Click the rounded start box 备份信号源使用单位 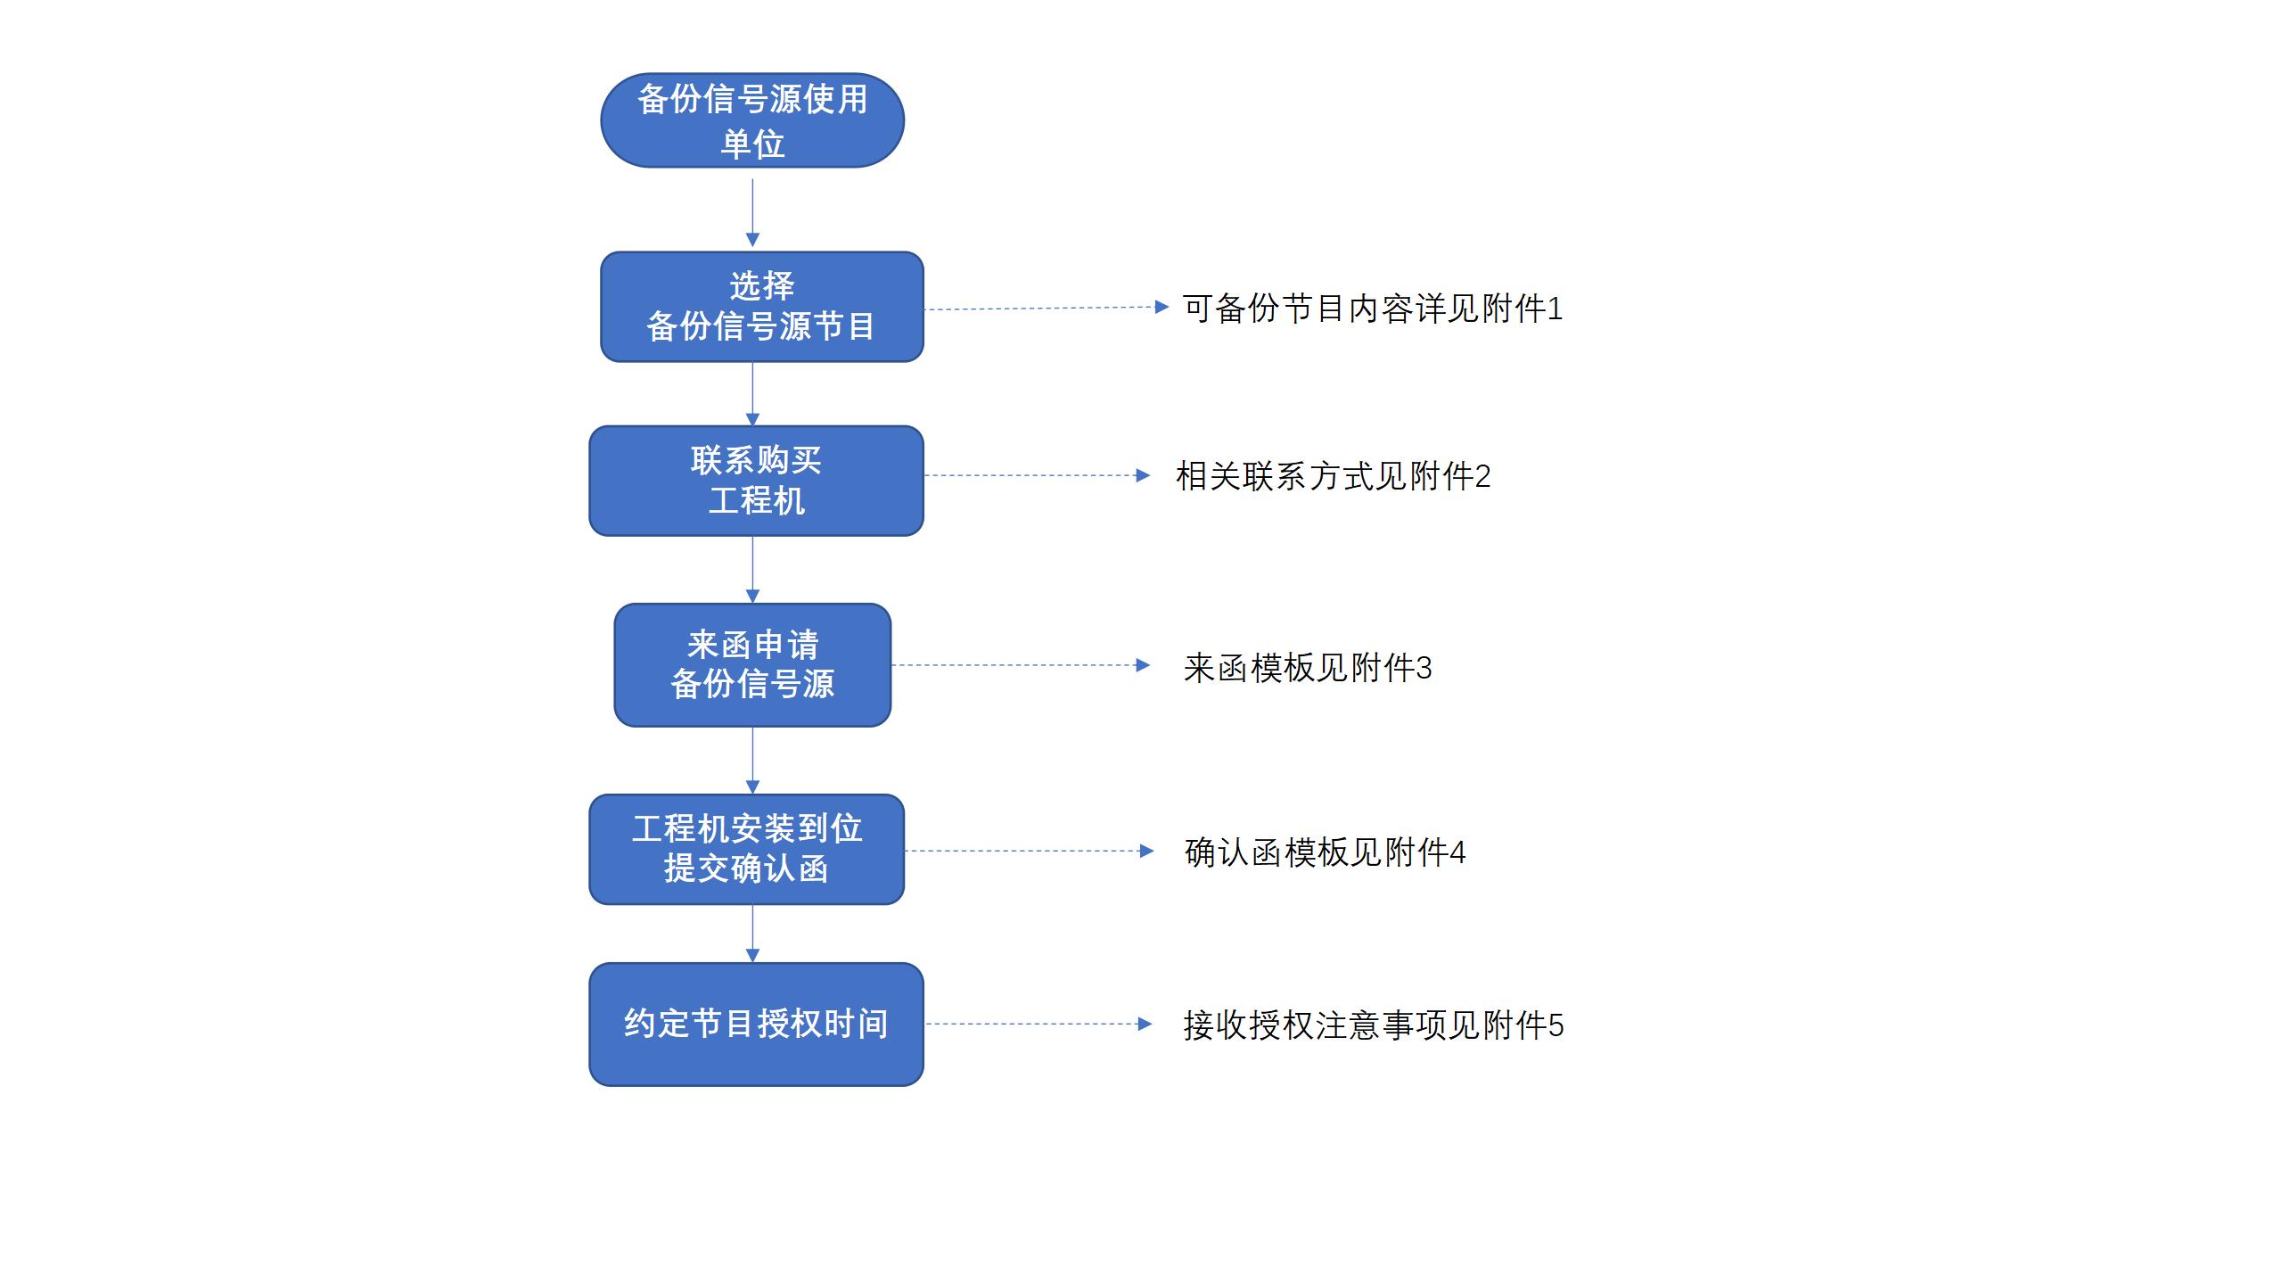[x=752, y=120]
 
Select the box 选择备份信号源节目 [x=762, y=307]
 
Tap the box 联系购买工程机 [x=756, y=481]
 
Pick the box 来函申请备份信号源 [x=752, y=665]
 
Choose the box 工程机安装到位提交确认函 [x=747, y=849]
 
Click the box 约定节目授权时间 [x=756, y=1024]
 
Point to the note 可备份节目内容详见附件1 [x=1373, y=309]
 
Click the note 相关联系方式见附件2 [x=1334, y=476]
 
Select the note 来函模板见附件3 [x=1308, y=668]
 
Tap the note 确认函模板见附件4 [x=1325, y=852]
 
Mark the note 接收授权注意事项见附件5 [x=1374, y=1025]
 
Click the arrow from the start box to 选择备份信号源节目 [x=752, y=213]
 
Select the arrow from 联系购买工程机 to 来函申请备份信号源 [x=752, y=571]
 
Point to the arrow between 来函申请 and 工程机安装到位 [x=752, y=761]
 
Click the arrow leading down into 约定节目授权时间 [x=752, y=934]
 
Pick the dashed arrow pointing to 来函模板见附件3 [x=1022, y=665]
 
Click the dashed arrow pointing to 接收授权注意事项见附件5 [x=1039, y=1024]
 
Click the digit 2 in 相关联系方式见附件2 [x=1482, y=477]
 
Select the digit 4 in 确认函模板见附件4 [x=1457, y=853]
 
